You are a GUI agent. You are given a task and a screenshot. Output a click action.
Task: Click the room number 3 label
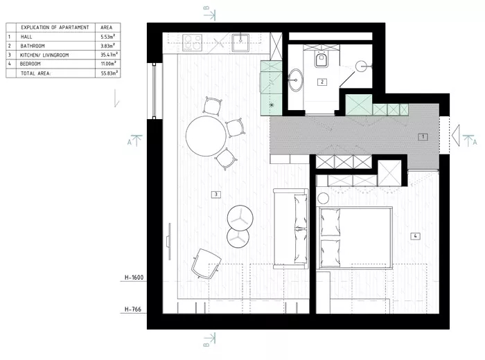216,195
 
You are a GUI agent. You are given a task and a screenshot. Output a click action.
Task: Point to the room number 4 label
414,236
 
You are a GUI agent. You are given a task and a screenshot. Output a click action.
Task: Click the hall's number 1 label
422,137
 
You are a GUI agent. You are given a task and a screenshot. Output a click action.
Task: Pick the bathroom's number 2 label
322,82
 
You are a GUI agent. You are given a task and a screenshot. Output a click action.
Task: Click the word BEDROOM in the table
35,63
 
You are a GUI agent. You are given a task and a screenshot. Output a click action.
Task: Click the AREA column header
107,27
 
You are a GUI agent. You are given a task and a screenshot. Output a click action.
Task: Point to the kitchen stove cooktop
192,42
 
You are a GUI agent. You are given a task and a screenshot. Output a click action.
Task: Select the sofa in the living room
291,228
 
